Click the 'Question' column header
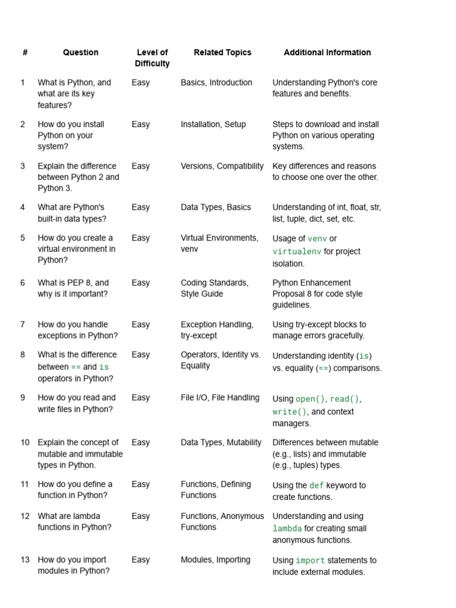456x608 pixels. tap(81, 52)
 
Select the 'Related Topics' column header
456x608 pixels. tap(223, 52)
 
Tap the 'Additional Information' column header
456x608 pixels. tap(327, 52)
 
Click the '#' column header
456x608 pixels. tap(25, 52)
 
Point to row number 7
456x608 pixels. tap(23, 324)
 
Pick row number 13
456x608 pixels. tap(24, 559)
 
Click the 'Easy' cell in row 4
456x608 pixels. tap(141, 207)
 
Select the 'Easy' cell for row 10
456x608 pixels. tap(141, 442)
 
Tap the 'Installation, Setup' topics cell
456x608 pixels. tap(213, 124)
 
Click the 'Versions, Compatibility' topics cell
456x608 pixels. tap(222, 166)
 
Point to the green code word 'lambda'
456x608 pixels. tap(287, 528)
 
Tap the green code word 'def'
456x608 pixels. tap(316, 486)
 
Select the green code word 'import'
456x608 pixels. tap(310, 560)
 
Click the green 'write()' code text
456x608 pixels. tap(289, 412)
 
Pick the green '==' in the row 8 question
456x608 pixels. tap(76, 367)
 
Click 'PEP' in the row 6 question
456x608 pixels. tap(82, 283)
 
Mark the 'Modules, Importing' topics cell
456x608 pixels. tap(216, 559)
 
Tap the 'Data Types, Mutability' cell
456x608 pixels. tap(221, 442)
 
